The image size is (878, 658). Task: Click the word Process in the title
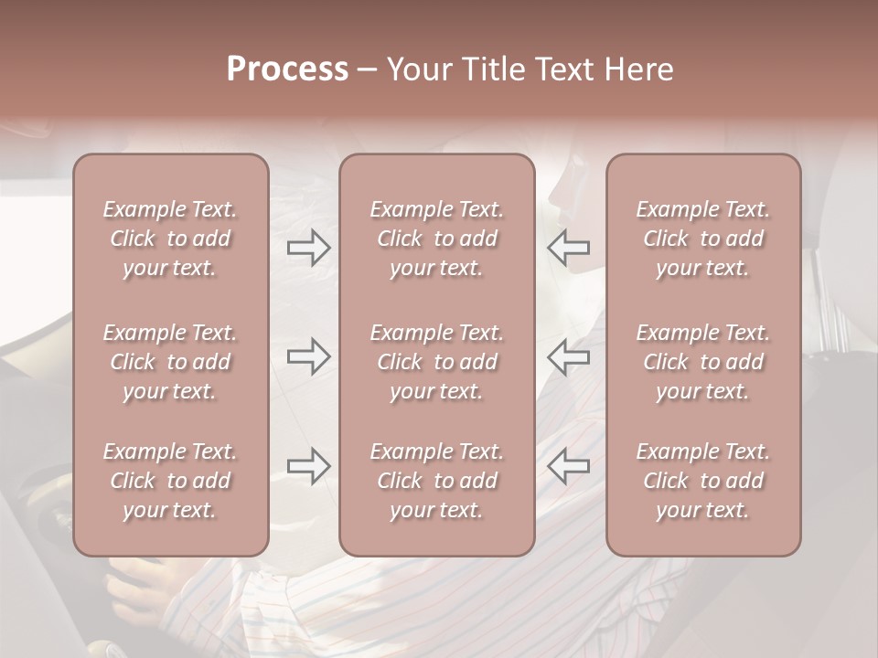(287, 69)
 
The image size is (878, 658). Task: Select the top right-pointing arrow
(309, 248)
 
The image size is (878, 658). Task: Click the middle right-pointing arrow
(309, 356)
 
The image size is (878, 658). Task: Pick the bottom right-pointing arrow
(309, 466)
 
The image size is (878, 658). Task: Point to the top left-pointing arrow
(568, 248)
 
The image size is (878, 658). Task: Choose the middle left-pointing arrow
(568, 356)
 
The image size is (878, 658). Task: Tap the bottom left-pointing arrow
(568, 466)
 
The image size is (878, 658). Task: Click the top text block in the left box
(170, 239)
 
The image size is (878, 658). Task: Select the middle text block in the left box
(170, 362)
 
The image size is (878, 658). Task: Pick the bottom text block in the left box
(170, 481)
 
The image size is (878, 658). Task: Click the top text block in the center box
(437, 239)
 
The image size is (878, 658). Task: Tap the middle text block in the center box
(437, 362)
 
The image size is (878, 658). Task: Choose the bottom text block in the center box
(437, 481)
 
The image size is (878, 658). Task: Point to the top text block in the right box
(703, 239)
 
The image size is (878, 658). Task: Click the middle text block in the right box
(703, 362)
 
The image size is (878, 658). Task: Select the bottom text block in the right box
(703, 481)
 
